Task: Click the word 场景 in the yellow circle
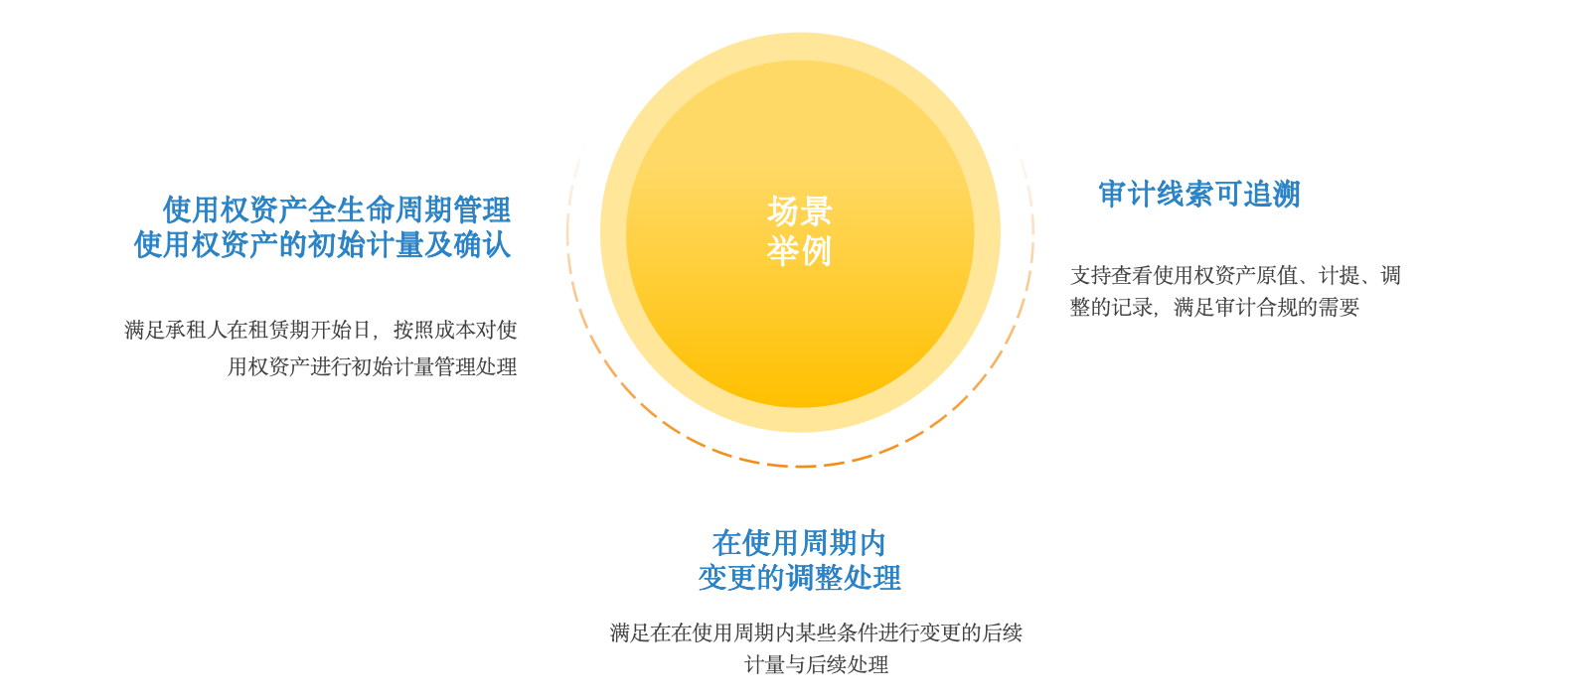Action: pyautogui.click(x=799, y=210)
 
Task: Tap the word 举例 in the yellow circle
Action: pyautogui.click(x=799, y=250)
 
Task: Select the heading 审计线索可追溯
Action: pyautogui.click(x=1198, y=194)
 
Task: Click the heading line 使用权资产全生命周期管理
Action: pyautogui.click(x=336, y=210)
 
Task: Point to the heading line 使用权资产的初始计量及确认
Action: pyautogui.click(x=322, y=244)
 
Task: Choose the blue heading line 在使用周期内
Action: pyautogui.click(x=799, y=543)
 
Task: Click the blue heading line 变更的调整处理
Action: pyautogui.click(x=799, y=577)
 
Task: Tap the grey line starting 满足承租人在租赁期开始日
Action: pyautogui.click(x=320, y=330)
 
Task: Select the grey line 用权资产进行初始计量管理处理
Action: pyautogui.click(x=372, y=366)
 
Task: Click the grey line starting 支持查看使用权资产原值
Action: pyautogui.click(x=1235, y=275)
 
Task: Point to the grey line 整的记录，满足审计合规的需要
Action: pyautogui.click(x=1214, y=307)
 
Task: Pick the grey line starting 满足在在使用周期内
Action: pyautogui.click(x=816, y=632)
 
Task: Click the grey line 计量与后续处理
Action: pyautogui.click(x=816, y=664)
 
